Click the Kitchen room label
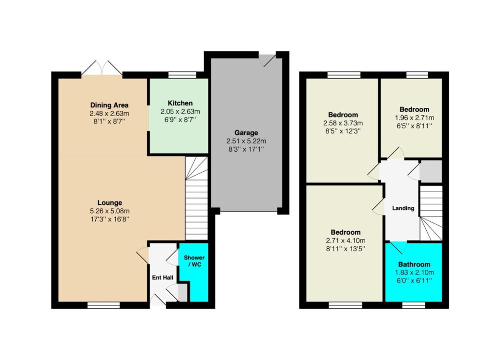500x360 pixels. [x=180, y=103]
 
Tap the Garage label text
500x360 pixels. [x=246, y=133]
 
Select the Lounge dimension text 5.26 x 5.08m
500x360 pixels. [x=110, y=211]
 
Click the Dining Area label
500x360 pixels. [x=109, y=105]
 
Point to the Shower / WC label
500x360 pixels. [x=194, y=261]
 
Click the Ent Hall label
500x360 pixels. [x=163, y=278]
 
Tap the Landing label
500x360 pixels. [x=403, y=208]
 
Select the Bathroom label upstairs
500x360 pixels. [x=414, y=264]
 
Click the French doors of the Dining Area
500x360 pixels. [x=102, y=68]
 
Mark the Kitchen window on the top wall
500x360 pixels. [x=182, y=75]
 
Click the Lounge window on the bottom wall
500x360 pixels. [x=104, y=305]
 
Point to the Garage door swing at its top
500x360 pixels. [x=267, y=60]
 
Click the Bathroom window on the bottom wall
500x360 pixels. [x=414, y=305]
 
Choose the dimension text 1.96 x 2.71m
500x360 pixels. [x=415, y=118]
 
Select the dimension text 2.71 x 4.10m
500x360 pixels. [x=346, y=240]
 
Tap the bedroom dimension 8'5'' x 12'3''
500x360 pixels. [x=343, y=131]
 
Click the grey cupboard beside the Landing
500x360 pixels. [x=431, y=171]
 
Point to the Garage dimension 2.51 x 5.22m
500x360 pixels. [x=246, y=141]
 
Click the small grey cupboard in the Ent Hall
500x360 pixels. [x=183, y=293]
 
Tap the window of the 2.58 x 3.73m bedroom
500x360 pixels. [x=344, y=75]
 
